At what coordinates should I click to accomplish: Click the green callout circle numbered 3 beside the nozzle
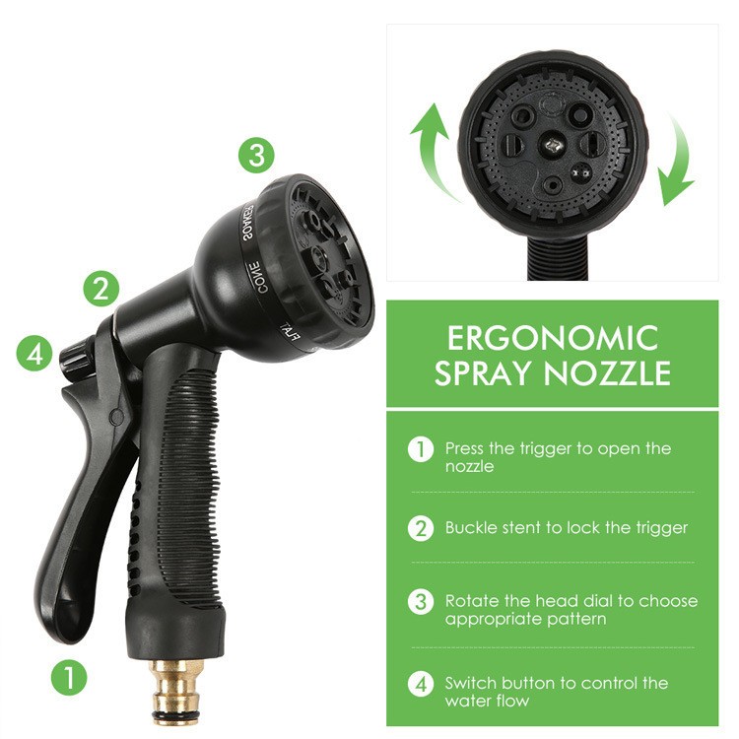256,155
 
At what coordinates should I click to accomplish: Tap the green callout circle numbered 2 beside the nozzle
101,289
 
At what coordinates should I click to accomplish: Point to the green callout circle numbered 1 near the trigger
69,677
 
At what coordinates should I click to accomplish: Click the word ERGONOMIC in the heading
552,338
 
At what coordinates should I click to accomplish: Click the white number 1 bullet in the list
421,449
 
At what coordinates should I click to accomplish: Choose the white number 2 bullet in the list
421,528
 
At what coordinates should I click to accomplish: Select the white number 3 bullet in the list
421,601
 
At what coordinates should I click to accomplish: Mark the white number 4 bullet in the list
421,683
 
